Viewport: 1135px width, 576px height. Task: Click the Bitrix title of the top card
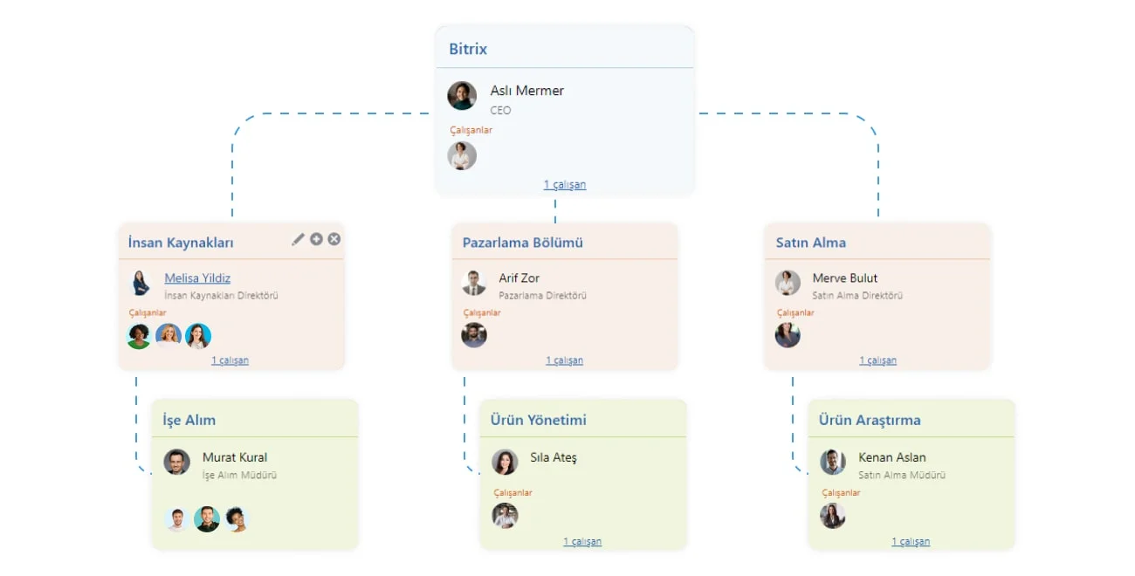tap(468, 49)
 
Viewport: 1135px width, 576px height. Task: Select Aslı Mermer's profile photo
tap(462, 96)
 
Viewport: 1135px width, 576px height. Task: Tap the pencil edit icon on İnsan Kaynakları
tap(298, 239)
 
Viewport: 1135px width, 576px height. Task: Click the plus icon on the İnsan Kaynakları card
tap(316, 239)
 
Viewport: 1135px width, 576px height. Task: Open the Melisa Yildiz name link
tap(197, 278)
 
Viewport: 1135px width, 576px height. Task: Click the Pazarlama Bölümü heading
tap(522, 243)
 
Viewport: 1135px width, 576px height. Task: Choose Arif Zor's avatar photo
tap(474, 283)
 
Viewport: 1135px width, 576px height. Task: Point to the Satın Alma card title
tap(811, 243)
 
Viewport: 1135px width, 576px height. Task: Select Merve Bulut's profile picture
tap(788, 283)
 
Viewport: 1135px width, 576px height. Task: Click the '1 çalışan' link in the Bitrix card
tap(565, 184)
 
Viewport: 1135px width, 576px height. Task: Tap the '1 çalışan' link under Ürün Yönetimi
tap(582, 541)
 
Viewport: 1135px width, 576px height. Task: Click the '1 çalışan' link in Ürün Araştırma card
tap(911, 541)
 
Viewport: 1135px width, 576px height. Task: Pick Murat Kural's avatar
tap(176, 462)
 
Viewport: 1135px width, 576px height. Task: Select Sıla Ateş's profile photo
tap(505, 462)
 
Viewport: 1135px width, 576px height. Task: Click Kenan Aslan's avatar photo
tap(833, 462)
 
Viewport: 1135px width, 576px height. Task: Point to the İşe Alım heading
tap(189, 421)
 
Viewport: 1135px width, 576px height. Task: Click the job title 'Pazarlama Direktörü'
tap(542, 295)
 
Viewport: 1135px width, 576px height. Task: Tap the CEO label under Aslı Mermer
tap(500, 111)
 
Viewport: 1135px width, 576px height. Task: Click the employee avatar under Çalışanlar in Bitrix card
tap(462, 155)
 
